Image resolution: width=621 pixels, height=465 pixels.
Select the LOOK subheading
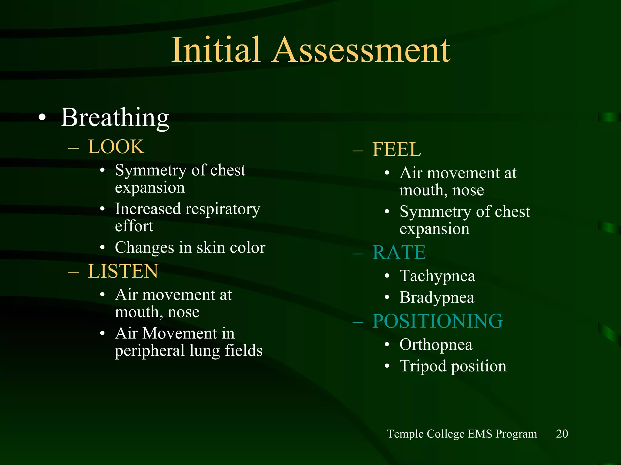[x=116, y=147]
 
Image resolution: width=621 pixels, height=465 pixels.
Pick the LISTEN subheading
[x=123, y=271]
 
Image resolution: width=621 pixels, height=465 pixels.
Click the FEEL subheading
[x=397, y=150]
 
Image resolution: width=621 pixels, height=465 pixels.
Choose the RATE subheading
[x=399, y=252]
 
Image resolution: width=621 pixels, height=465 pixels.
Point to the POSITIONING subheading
[x=438, y=321]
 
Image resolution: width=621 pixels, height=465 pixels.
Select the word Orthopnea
[x=436, y=345]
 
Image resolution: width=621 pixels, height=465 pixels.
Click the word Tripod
[x=423, y=366]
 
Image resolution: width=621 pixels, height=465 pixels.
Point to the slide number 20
[x=562, y=434]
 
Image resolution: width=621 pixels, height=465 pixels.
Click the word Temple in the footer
[x=405, y=434]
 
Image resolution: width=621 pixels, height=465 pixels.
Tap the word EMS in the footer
[x=480, y=434]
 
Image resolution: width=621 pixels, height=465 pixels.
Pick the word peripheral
[x=150, y=351]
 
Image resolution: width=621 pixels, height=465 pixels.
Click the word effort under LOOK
[x=134, y=226]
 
